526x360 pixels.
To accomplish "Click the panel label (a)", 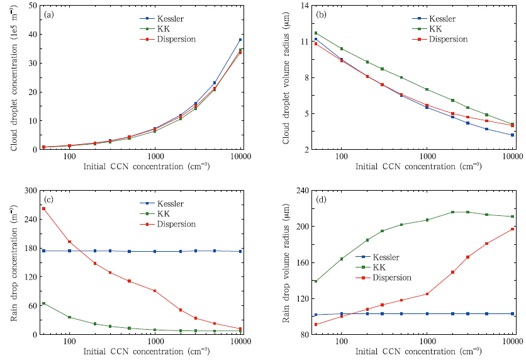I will (x=48, y=15).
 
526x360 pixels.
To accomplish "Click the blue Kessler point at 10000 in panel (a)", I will (x=240, y=40).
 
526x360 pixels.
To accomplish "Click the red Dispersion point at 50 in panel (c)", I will (x=43, y=208).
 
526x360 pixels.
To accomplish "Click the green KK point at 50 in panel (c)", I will (x=43, y=303).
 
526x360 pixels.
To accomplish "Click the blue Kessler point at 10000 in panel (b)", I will (x=512, y=135).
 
